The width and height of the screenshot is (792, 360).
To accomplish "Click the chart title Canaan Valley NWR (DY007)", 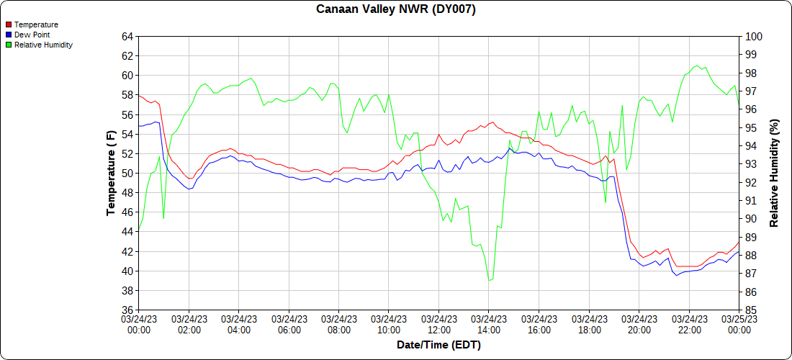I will click(x=396, y=9).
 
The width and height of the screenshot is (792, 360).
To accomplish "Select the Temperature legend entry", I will click(x=36, y=24).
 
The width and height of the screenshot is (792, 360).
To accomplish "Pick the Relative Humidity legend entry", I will click(x=43, y=45).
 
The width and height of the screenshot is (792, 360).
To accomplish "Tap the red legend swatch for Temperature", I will click(x=9, y=24).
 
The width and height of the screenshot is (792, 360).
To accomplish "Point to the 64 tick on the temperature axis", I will click(x=127, y=36).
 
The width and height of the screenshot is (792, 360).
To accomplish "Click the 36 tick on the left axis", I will click(x=127, y=310).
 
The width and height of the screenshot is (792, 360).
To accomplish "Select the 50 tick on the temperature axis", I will click(x=127, y=174).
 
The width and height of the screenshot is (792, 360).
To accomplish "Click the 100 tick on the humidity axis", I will click(x=753, y=36).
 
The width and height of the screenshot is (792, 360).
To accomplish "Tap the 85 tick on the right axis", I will click(x=751, y=310).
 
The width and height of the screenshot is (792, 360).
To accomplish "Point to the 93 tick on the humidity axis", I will click(x=751, y=164).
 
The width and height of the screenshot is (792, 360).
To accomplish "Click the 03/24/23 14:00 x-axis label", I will click(x=489, y=324).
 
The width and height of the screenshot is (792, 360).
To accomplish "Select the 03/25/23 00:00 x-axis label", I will click(x=739, y=324).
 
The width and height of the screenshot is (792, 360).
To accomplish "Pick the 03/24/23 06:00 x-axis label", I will click(x=289, y=324).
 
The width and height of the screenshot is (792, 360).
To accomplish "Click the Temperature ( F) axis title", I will click(x=110, y=173).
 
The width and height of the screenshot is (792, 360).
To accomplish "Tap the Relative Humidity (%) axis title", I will click(x=774, y=173).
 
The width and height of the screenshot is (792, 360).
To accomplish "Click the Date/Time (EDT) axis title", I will click(x=438, y=345).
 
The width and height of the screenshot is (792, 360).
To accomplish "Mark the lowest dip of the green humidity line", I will click(x=490, y=280).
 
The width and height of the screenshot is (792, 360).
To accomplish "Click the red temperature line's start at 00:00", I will click(x=139, y=95).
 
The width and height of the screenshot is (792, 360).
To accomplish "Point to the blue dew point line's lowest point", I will click(x=676, y=276).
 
